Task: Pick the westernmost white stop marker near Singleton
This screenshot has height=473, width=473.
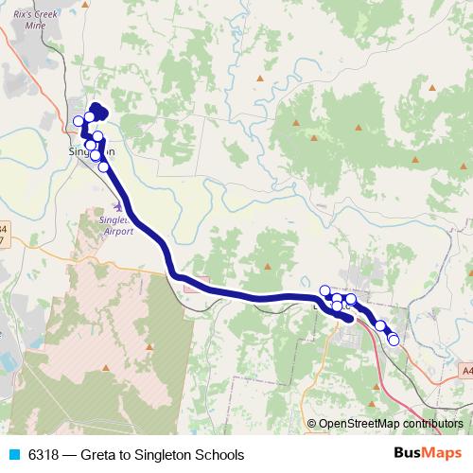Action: click(79, 121)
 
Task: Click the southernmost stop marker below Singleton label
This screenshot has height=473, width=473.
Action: click(104, 166)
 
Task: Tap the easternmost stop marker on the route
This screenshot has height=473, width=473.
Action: click(394, 340)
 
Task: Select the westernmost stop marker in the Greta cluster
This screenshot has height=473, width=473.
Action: click(324, 290)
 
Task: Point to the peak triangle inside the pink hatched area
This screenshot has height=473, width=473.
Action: click(106, 368)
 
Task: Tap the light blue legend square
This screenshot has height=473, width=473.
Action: click(13, 455)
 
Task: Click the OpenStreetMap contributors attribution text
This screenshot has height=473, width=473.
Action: click(390, 425)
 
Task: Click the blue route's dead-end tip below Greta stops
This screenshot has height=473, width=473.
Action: click(351, 320)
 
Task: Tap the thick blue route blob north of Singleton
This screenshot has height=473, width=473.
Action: click(97, 113)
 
